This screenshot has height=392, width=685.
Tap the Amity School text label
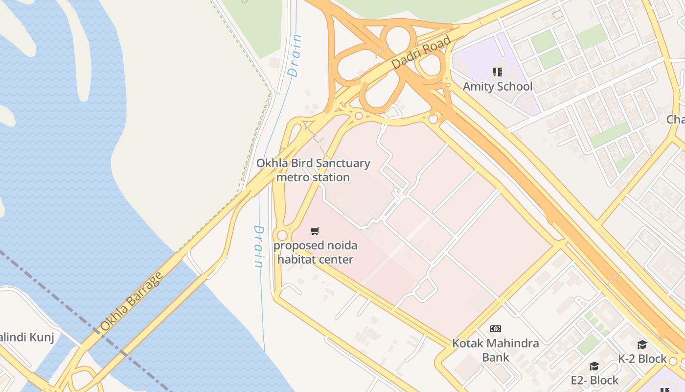pos(498,87)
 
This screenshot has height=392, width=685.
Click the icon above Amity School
pos(498,73)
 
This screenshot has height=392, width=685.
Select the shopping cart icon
pos(315,231)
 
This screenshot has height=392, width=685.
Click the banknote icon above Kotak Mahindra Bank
pos(496,329)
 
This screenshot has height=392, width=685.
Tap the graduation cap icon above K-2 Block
pos(642,345)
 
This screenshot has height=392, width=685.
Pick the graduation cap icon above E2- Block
pos(594,367)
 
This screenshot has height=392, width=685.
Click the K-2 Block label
pos(642,359)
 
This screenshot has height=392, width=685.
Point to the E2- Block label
pos(594,380)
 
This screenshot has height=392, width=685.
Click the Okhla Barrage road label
pos(131,302)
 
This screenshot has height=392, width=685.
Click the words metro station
pos(313,177)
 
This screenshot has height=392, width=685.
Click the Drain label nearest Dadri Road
pos(295,55)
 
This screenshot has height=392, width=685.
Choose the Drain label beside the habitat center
pos(259,246)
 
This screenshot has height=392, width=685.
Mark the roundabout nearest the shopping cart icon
pos(282,235)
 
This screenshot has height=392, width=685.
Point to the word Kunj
pos(42,337)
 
